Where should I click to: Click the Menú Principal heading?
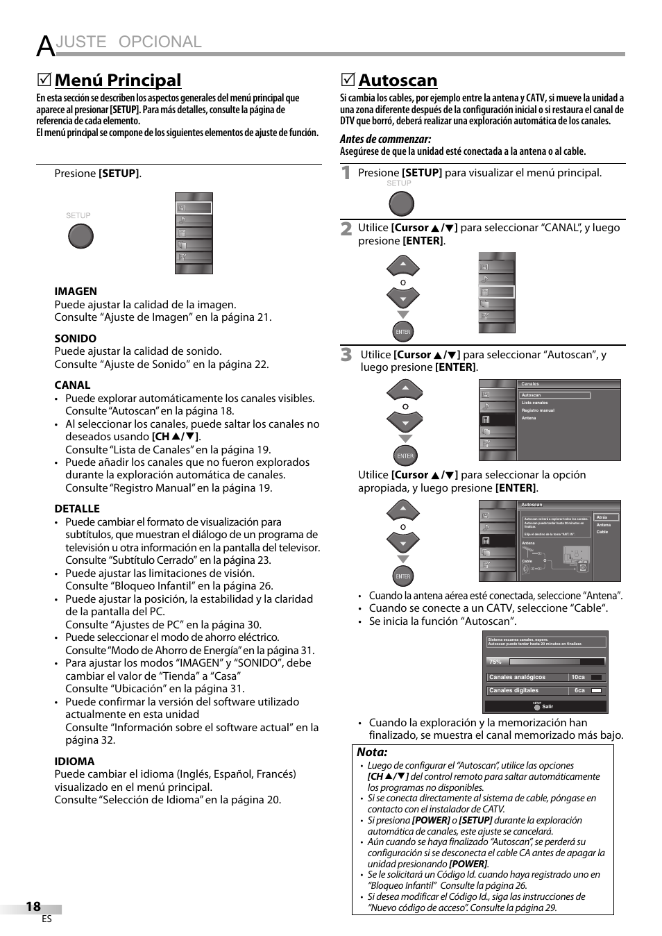(117, 81)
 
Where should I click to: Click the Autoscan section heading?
(398, 81)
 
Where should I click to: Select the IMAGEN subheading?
(76, 292)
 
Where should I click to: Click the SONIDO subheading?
(76, 339)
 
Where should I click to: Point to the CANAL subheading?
(72, 385)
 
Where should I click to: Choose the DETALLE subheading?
(77, 509)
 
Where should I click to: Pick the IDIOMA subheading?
(74, 762)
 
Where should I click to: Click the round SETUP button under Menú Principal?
(80, 237)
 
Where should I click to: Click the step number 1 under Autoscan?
(346, 174)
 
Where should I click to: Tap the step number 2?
(346, 229)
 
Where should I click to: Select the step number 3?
(346, 356)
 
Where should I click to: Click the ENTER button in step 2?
(403, 332)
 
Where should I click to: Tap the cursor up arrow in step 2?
(403, 266)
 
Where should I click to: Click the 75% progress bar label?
(495, 662)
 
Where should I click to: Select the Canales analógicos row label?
(517, 677)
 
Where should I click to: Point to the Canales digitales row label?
(514, 690)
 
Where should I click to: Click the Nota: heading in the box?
(372, 752)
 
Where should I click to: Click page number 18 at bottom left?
(33, 906)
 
